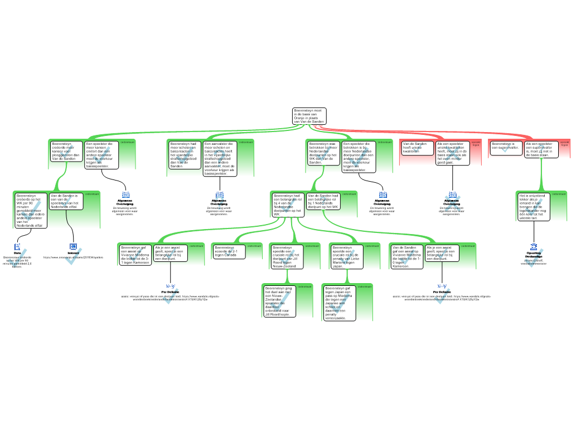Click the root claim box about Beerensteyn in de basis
point(309,116)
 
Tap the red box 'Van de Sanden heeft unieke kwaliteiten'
point(416,147)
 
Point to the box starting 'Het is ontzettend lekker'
point(534,207)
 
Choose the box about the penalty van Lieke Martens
point(347,256)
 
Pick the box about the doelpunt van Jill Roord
point(287,256)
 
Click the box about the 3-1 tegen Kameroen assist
point(136,255)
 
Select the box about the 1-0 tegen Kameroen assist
point(407,256)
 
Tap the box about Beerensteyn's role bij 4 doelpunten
point(288,205)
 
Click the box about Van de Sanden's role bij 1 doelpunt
point(323,201)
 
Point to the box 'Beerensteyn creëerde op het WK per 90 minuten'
point(31,211)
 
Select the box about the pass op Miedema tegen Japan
point(340,303)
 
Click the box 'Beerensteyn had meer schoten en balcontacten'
point(184,154)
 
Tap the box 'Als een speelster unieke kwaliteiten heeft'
point(452,153)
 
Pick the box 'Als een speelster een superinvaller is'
point(541,149)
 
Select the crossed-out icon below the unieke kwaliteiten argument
point(453,201)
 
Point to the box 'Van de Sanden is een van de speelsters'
point(66,201)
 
